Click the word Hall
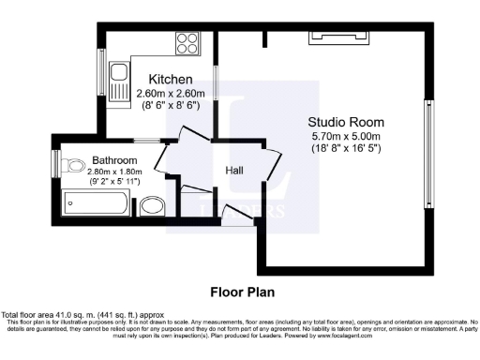coord(234,171)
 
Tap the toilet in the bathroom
coord(73,168)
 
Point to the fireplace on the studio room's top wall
coord(331,37)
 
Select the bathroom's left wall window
coord(55,163)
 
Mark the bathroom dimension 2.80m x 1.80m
coord(114,172)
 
